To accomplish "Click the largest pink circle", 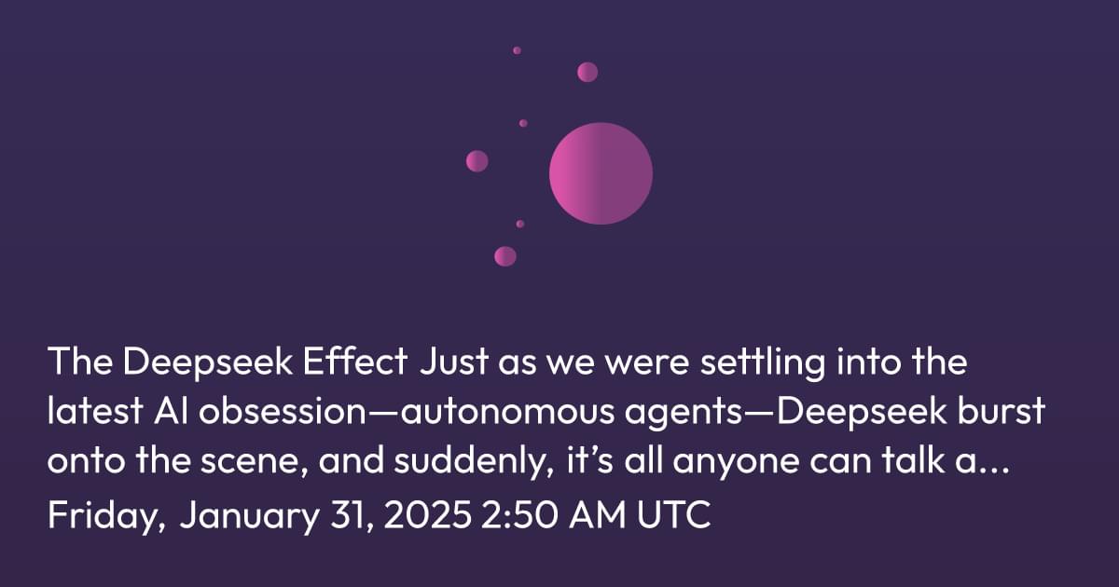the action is [x=601, y=173].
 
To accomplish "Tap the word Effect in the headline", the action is [x=355, y=361].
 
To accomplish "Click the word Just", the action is [x=454, y=361].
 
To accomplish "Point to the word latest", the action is [x=95, y=411].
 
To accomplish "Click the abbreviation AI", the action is [x=171, y=411].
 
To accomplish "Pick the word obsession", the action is [x=283, y=411].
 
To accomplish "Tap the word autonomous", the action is [x=507, y=412].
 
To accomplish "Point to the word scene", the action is [x=254, y=462].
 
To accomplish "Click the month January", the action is [x=249, y=516].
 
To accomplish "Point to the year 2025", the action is [x=428, y=514].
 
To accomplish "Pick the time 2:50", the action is [x=519, y=514].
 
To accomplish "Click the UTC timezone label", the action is [x=673, y=514].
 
